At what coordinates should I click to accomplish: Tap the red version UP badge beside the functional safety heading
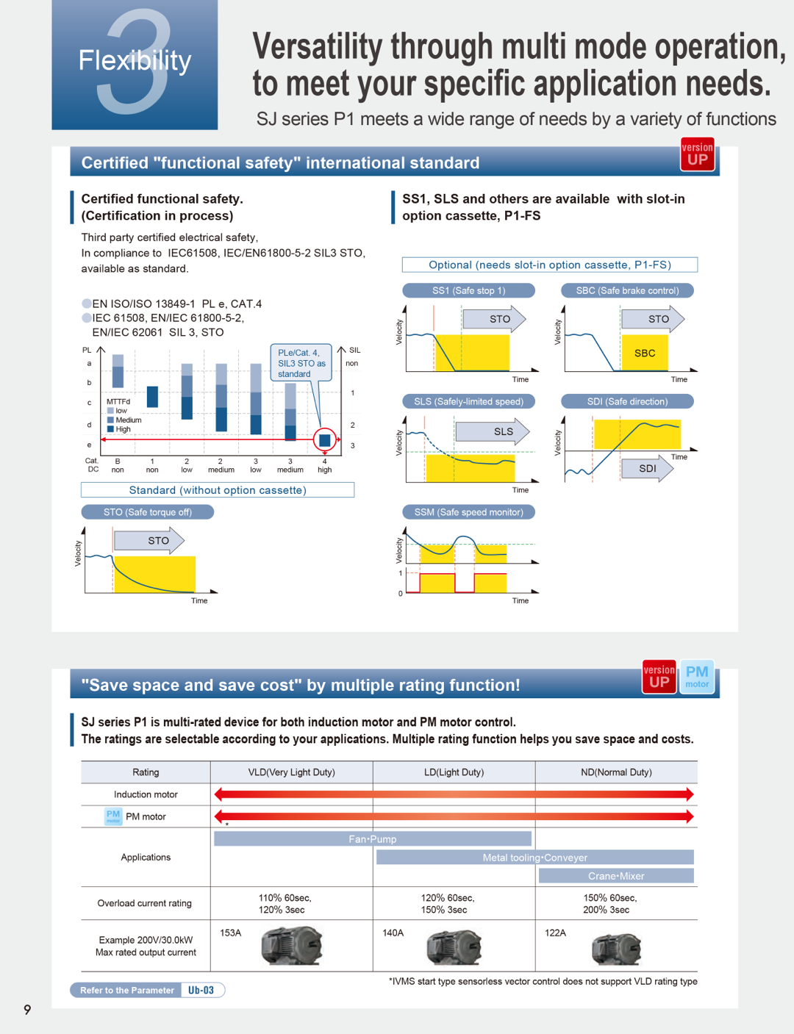(x=697, y=154)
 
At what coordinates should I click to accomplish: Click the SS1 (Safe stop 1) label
(x=468, y=291)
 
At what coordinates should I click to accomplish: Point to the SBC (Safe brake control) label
(x=627, y=291)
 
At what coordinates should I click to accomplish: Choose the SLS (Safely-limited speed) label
(x=468, y=402)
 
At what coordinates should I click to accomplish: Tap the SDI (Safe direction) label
(x=627, y=402)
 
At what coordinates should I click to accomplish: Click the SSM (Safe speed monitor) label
(x=468, y=512)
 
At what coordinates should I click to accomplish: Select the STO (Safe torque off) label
(x=147, y=512)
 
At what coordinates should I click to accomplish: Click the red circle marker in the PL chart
(x=324, y=440)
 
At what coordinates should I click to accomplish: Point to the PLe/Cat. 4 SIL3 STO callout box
(x=301, y=363)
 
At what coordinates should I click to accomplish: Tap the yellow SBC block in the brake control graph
(x=645, y=353)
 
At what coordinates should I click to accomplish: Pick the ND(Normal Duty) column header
(x=616, y=772)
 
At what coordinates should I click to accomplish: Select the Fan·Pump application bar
(x=372, y=839)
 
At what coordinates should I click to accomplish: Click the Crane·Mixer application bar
(x=616, y=876)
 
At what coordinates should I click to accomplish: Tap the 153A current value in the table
(x=231, y=933)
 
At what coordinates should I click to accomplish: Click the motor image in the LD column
(x=454, y=947)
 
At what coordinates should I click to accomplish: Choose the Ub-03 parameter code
(x=201, y=991)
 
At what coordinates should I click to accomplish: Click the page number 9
(x=27, y=1010)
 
